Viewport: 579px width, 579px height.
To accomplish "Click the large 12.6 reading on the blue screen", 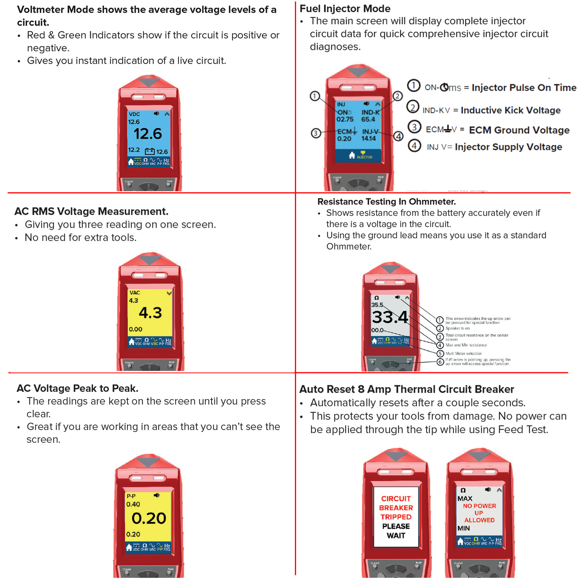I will (x=148, y=134).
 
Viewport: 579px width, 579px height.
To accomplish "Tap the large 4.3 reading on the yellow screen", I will (x=150, y=313).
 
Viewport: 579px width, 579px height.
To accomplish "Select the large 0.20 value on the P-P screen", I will (x=149, y=518).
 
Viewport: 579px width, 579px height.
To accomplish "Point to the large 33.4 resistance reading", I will (x=390, y=317).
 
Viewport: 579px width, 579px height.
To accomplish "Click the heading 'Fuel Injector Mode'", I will (x=345, y=8).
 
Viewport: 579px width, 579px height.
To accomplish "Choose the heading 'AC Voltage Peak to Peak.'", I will (x=77, y=388).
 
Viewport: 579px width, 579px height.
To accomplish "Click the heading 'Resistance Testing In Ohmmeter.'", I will (x=386, y=202).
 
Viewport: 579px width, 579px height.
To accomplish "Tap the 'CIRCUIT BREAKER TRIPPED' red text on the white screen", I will (x=396, y=508).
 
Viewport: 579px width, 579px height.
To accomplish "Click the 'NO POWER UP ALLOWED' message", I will (x=479, y=513).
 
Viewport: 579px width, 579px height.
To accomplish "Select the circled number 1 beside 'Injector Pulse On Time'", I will (x=414, y=85).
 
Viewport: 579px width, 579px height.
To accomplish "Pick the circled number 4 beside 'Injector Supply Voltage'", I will (x=414, y=145).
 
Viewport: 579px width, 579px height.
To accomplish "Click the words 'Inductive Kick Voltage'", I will (x=510, y=110).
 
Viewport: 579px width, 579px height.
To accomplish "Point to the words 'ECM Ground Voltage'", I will (x=519, y=130).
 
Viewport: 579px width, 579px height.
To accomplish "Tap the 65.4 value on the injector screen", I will (x=368, y=119).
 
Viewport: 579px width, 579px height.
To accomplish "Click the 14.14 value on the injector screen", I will (x=369, y=139).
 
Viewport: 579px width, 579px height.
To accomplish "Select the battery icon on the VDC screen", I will (x=149, y=151).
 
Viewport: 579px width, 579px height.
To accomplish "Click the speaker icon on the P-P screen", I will (x=156, y=496).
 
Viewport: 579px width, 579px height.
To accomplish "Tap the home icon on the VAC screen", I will (x=131, y=342).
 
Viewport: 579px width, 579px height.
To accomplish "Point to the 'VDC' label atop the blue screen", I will (x=134, y=114).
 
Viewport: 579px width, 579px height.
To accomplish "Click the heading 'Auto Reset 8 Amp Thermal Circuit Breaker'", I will (x=406, y=389).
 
